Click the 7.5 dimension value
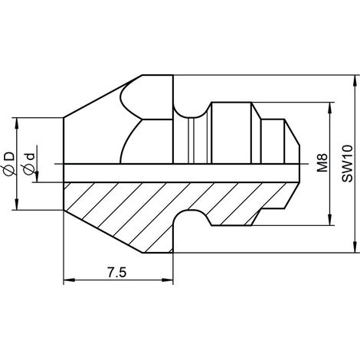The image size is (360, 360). click(116, 273)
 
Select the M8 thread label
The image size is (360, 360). click(322, 162)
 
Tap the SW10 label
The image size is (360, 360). click(347, 163)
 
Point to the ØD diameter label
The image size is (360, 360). click(9, 163)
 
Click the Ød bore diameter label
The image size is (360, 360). click(28, 164)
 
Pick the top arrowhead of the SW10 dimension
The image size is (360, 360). click(355, 81)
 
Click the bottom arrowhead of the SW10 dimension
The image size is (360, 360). click(355, 247)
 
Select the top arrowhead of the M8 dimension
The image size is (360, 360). click(330, 108)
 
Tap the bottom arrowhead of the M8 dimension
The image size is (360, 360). click(330, 220)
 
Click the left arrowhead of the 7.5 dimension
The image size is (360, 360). click(69, 280)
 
